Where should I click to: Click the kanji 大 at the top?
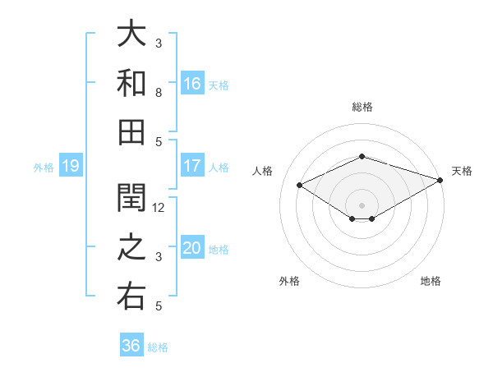click(131, 35)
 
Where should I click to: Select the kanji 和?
click(131, 83)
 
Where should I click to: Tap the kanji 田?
click(131, 131)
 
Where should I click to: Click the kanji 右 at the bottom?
click(131, 296)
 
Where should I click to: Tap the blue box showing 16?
click(192, 83)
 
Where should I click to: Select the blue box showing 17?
click(192, 166)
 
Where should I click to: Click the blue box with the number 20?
click(192, 249)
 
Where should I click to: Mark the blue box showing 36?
click(131, 346)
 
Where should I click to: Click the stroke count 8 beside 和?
click(159, 93)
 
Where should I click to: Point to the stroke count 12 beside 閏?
click(159, 208)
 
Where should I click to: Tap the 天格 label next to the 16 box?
click(219, 85)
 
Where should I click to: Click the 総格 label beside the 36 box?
click(158, 347)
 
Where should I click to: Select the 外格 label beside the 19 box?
click(44, 168)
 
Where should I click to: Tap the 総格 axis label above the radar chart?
click(362, 107)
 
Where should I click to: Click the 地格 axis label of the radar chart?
click(431, 282)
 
